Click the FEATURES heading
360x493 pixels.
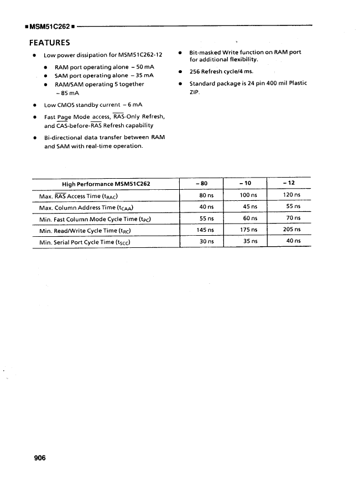(49, 43)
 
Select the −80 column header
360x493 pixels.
(202, 184)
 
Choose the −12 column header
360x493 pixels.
(288, 184)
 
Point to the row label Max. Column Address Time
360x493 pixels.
(86, 207)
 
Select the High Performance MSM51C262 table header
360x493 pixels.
(106, 184)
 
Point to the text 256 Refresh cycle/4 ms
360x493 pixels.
(221, 71)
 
